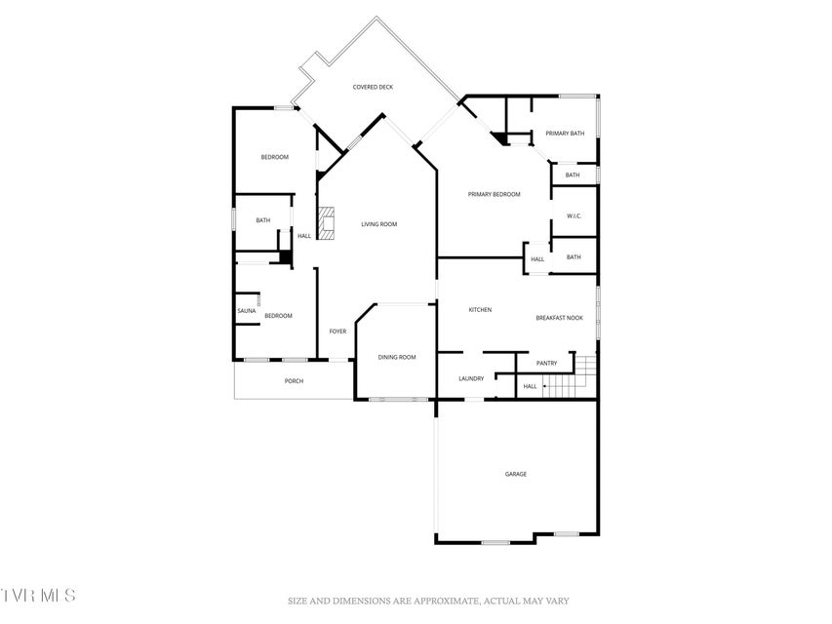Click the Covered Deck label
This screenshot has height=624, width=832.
(373, 87)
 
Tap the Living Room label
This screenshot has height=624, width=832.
(378, 224)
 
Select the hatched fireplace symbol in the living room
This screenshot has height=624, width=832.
(327, 223)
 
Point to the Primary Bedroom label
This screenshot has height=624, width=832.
(494, 194)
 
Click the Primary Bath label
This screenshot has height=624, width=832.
(565, 134)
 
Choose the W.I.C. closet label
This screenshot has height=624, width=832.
(574, 215)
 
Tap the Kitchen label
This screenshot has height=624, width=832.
(480, 310)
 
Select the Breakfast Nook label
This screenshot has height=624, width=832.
(559, 318)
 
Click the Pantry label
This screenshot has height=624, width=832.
(546, 364)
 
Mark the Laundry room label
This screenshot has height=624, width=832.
(471, 379)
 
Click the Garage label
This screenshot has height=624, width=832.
(516, 475)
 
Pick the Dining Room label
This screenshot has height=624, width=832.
(397, 358)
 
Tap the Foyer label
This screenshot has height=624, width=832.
(338, 331)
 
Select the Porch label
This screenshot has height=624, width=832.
(294, 381)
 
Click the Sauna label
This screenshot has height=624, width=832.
(246, 311)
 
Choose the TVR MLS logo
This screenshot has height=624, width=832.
(38, 596)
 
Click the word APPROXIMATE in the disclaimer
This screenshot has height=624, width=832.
(444, 602)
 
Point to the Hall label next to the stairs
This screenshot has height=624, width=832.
(530, 387)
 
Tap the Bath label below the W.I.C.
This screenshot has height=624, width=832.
(574, 257)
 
